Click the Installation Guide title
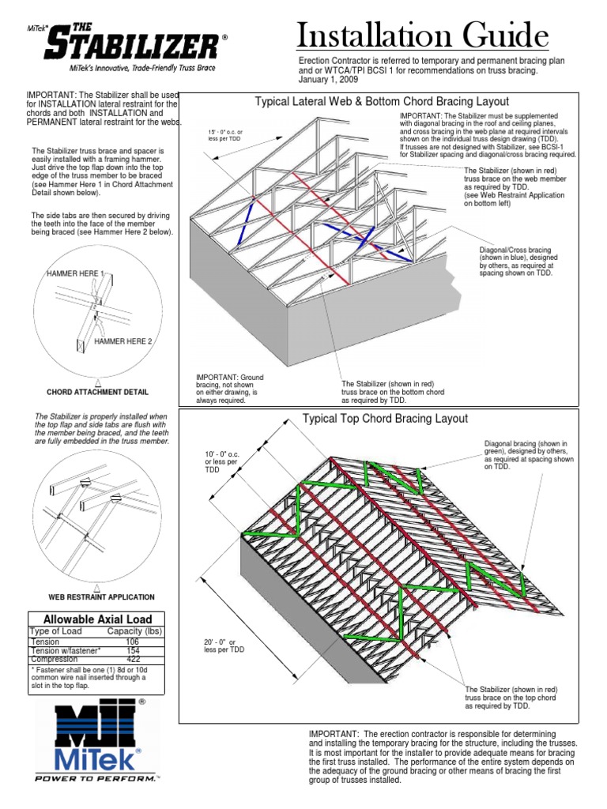coord(423,37)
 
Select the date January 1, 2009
coord(329,81)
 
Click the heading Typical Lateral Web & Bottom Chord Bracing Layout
coord(381,102)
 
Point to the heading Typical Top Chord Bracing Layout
coord(386,419)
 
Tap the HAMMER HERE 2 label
coord(123,341)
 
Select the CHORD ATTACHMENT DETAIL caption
coord(97,392)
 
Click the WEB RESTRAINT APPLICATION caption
coord(101,597)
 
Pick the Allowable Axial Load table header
coord(97,619)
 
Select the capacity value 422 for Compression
coord(134,659)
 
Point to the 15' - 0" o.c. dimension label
coord(226,134)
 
